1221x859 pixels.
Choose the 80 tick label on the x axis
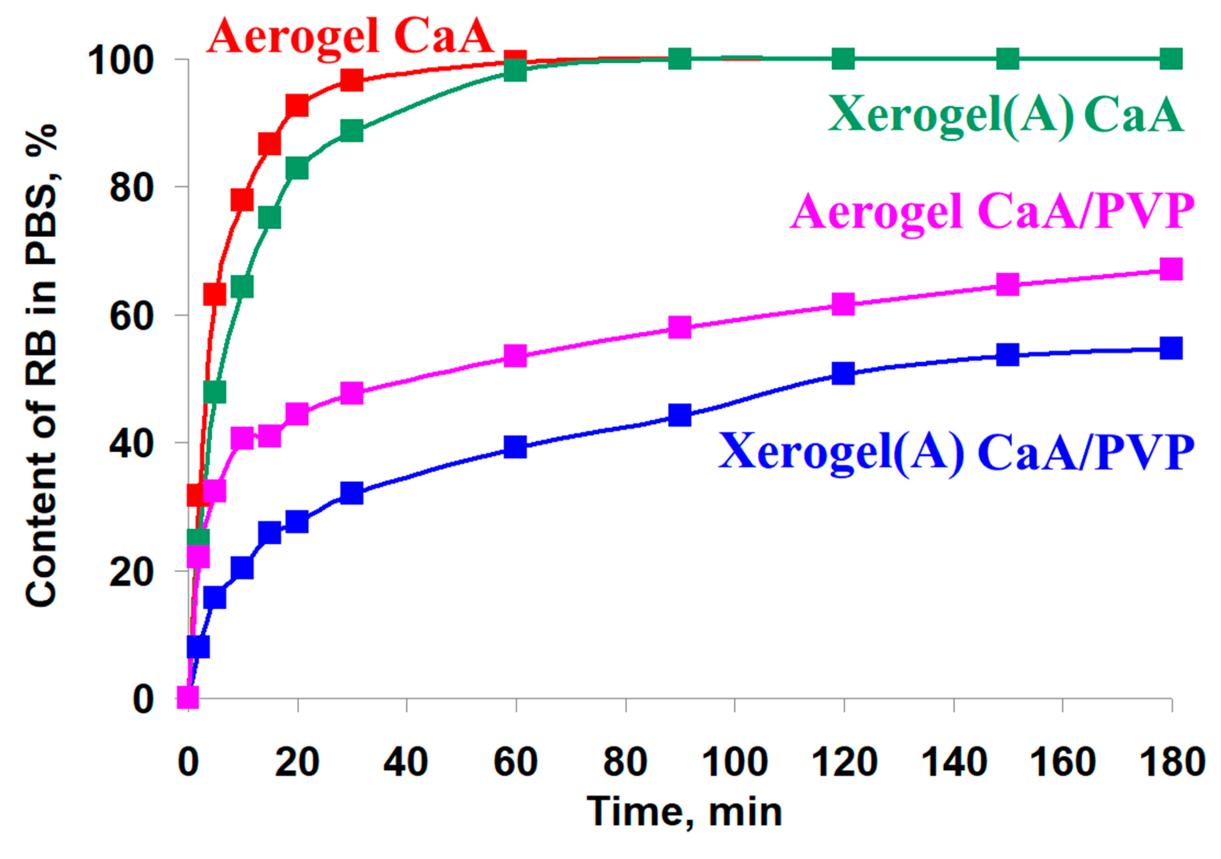[625, 762]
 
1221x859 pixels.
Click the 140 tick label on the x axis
[953, 762]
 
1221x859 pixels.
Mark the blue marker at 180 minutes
[1171, 349]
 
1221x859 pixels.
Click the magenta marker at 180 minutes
[1171, 269]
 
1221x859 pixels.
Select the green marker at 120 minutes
[843, 59]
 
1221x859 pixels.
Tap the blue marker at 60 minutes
[515, 447]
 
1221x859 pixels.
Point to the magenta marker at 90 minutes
[680, 327]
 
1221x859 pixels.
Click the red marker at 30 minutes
[351, 81]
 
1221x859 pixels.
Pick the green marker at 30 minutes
[351, 130]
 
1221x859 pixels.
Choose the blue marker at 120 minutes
[843, 373]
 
